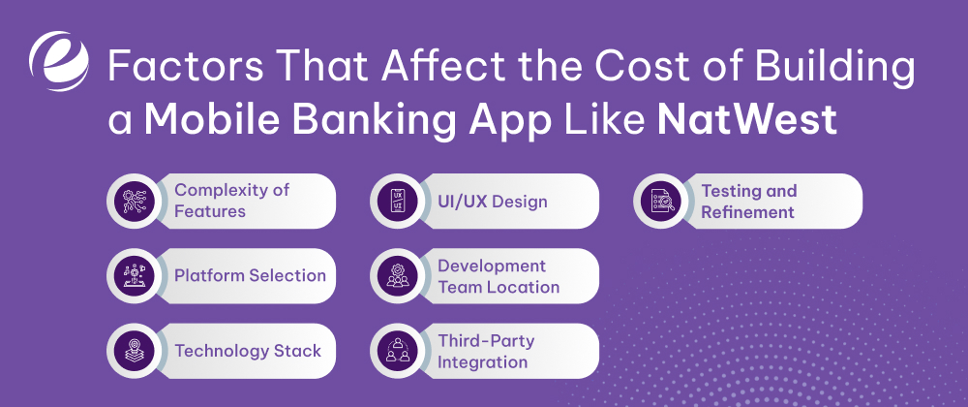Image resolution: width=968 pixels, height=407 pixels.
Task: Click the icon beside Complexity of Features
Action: point(133,201)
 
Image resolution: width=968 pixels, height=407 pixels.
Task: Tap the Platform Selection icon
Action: point(133,276)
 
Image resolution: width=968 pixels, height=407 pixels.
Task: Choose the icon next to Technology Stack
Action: point(133,351)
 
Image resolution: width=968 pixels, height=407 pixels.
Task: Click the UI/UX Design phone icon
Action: point(397,202)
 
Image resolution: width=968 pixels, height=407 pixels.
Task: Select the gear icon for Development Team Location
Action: point(397,276)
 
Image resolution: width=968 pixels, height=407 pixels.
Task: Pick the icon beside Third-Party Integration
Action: point(397,351)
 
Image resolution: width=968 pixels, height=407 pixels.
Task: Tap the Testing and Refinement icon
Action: point(660,202)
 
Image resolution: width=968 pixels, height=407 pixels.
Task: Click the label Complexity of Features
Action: point(231,201)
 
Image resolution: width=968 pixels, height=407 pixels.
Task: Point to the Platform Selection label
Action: point(250,276)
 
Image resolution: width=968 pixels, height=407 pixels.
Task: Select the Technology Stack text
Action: point(247,351)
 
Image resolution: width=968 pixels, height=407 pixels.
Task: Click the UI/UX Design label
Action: point(492,202)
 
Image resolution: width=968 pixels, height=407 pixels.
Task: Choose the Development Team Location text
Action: point(498,276)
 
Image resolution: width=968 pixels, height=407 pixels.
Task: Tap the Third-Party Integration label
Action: point(485,351)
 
